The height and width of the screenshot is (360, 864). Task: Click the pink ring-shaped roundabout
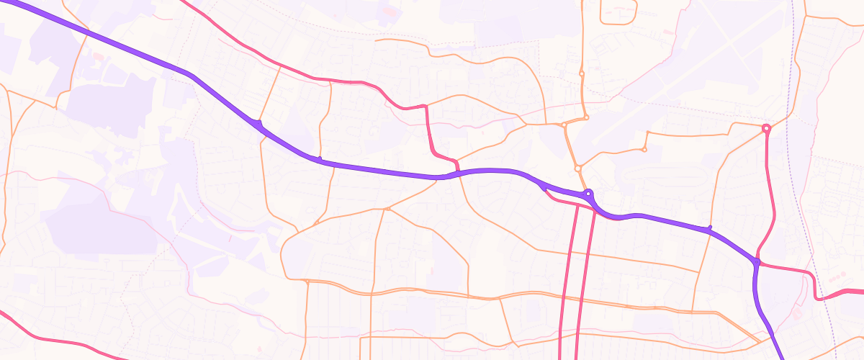(766, 129)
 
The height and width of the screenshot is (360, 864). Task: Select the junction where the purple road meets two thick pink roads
(757, 261)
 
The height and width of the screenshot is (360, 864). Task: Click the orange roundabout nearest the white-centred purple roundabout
(577, 168)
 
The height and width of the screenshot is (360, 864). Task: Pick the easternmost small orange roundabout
(644, 150)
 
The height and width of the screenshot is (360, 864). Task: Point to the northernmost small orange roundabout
(581, 73)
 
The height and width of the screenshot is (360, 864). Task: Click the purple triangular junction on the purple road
(257, 125)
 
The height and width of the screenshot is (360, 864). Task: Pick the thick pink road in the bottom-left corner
(43, 336)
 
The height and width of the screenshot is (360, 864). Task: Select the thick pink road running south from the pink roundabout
(772, 187)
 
